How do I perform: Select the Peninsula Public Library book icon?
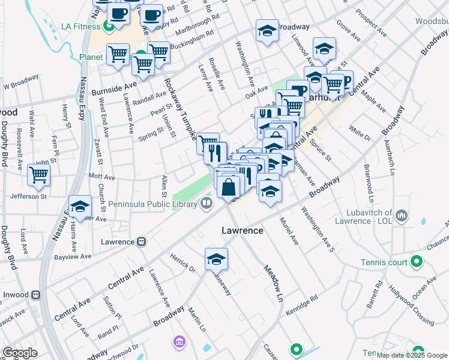206,204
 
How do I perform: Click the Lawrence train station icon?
142,242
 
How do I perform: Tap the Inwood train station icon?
36,295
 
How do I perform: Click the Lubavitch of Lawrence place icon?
402,215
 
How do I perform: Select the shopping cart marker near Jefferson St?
38,175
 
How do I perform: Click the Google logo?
20,353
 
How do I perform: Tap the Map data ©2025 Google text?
411,355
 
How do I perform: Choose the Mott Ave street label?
101,178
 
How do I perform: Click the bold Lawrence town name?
242,230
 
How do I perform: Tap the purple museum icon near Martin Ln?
178,342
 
